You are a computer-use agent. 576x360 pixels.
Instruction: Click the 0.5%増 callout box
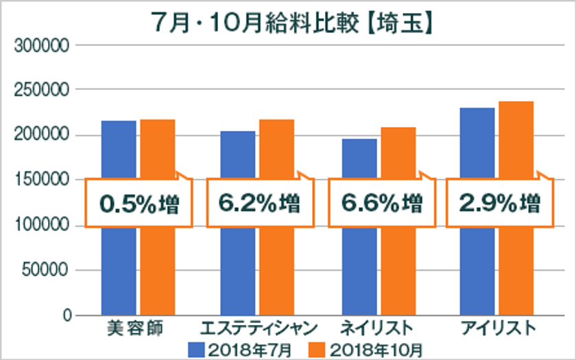pyautogui.click(x=139, y=203)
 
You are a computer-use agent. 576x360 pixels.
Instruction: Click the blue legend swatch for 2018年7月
pyautogui.click(x=197, y=348)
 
